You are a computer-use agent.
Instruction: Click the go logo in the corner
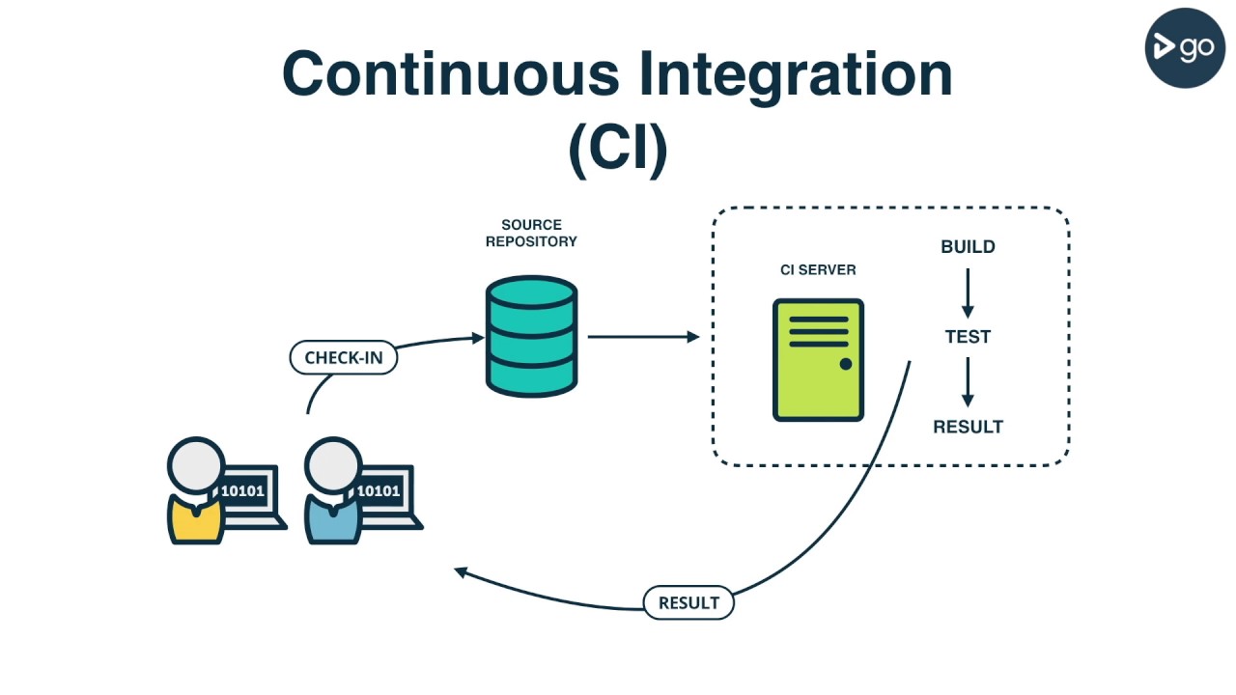(1184, 46)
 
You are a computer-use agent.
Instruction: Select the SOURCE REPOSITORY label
(531, 234)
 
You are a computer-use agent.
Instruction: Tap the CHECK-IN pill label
(344, 358)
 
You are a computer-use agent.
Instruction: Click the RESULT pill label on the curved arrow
(688, 603)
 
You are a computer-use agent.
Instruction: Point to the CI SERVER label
(818, 270)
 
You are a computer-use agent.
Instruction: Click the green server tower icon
(818, 360)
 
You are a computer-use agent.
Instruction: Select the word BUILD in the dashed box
(968, 247)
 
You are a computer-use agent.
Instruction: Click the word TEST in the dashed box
(968, 337)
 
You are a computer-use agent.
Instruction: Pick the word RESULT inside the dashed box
(968, 427)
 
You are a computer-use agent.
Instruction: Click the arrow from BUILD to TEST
(968, 292)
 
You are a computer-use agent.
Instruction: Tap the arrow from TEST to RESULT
(968, 381)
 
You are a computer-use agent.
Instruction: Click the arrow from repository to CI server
(643, 337)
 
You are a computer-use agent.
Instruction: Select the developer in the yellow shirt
(196, 492)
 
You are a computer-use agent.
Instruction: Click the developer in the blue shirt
(333, 492)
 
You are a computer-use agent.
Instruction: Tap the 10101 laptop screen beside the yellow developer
(243, 491)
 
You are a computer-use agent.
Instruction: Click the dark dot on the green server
(846, 364)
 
